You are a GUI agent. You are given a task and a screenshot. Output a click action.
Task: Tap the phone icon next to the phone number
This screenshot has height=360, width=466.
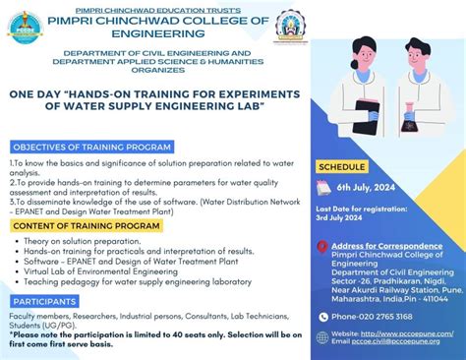[x=323, y=316]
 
